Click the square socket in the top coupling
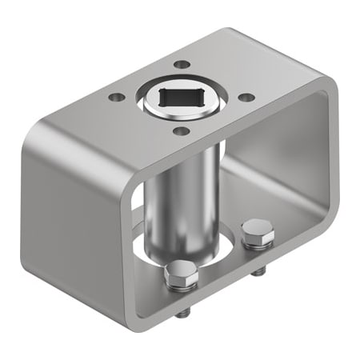(x=182, y=97)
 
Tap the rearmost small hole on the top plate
(x=182, y=64)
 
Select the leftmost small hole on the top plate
(x=117, y=97)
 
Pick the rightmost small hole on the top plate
(x=247, y=97)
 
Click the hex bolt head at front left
(x=182, y=276)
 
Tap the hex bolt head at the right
(x=258, y=233)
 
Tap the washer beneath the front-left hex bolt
(x=182, y=290)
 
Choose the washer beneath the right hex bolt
(x=258, y=245)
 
